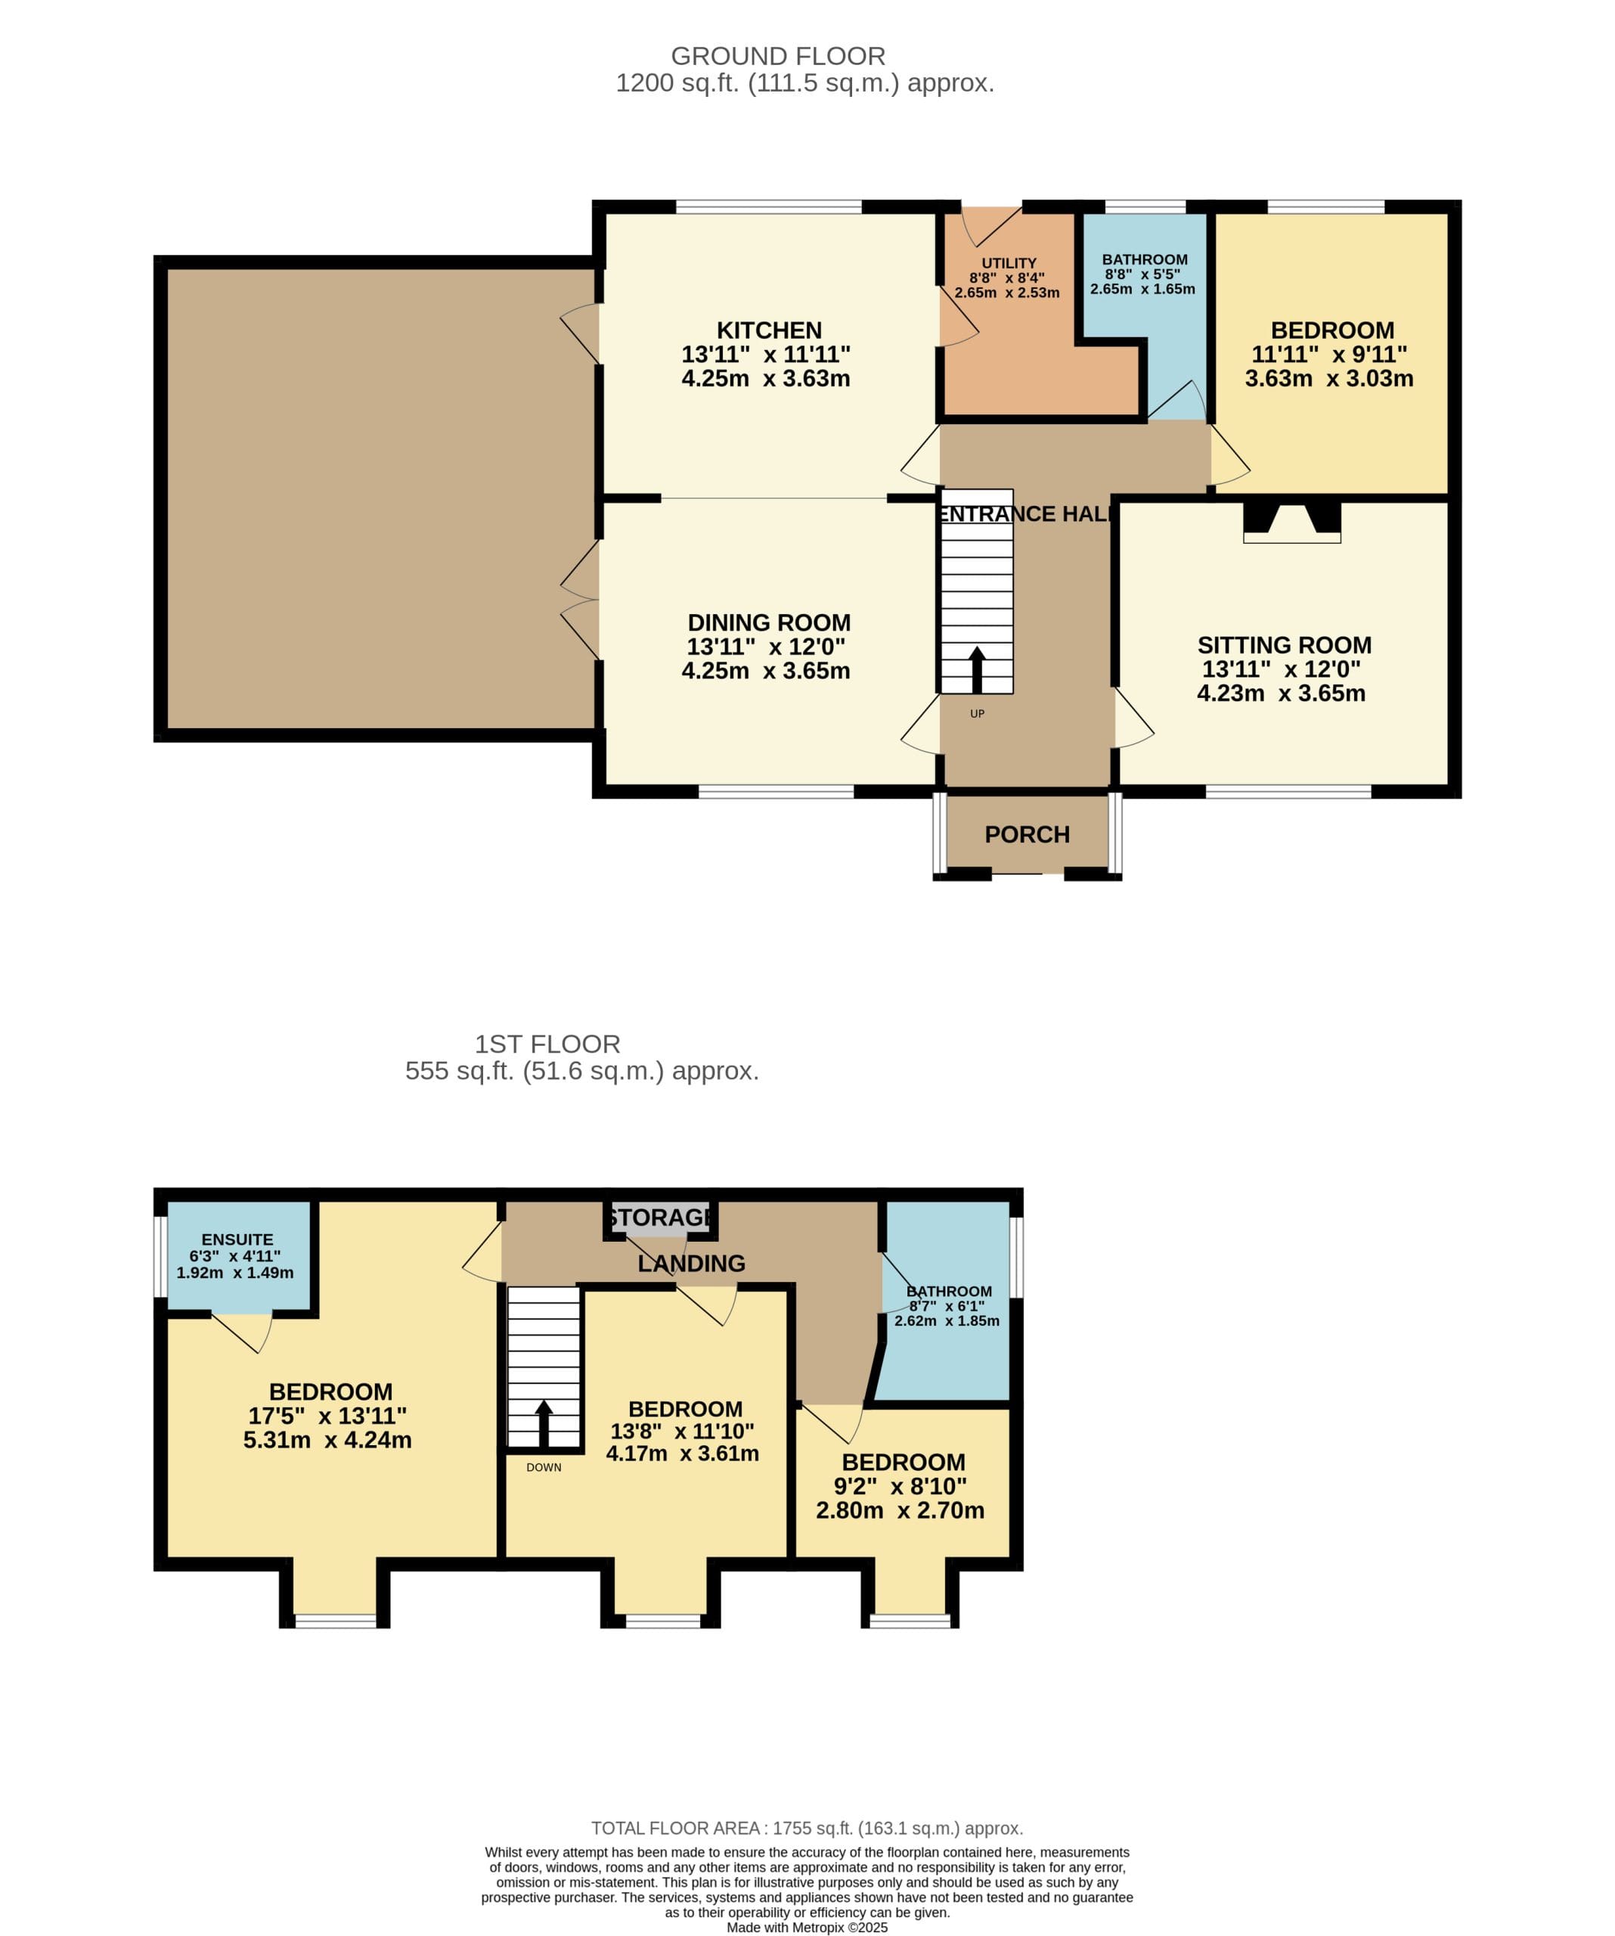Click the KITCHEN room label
pos(769,330)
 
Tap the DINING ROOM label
pos(769,622)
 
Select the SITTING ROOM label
pos(1284,644)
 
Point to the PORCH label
pos(1027,834)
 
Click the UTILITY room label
pos(1009,262)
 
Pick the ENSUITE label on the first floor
pos(237,1239)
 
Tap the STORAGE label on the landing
pos(660,1217)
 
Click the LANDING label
pos(691,1263)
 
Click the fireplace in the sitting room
pos(1291,521)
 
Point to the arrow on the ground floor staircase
pos(977,670)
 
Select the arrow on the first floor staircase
pos(544,1423)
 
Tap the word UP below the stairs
pos(977,714)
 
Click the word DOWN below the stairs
pos(544,1467)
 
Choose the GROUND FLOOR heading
pos(778,56)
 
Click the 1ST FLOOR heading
pos(547,1044)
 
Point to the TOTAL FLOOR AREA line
pos(807,1828)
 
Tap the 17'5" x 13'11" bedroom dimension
pos(327,1415)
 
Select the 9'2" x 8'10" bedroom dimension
pos(900,1486)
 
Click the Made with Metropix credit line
pos(807,1928)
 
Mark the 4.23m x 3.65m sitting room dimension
pos(1282,693)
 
